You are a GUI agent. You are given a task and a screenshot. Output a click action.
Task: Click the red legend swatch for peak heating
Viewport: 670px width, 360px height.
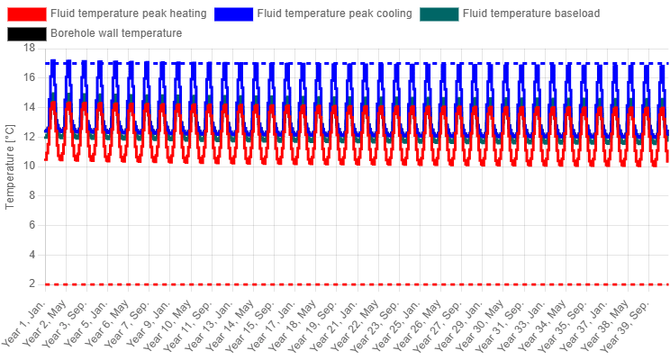26,14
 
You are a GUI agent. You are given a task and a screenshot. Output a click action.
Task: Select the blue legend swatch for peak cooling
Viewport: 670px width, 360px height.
233,14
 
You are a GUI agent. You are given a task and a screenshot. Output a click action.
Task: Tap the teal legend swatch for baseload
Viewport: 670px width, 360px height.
439,14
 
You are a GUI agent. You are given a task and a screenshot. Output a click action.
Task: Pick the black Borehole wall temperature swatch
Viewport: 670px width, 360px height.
26,33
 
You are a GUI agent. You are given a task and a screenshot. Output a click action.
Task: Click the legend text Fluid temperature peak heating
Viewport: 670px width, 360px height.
129,13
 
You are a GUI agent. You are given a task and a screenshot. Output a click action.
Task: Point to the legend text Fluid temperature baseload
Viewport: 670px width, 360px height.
531,13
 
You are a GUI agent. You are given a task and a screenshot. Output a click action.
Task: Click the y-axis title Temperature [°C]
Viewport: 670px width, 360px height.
9,166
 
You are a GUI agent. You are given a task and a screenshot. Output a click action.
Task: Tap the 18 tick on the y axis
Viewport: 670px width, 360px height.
30,48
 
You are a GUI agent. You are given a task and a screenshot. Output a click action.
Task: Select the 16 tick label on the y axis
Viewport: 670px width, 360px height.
30,77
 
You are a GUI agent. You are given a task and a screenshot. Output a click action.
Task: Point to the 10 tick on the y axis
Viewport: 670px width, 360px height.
30,166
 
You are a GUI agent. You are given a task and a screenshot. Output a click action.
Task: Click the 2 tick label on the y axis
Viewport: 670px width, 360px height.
32,284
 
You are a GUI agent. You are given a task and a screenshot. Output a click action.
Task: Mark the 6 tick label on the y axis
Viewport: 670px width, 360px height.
32,225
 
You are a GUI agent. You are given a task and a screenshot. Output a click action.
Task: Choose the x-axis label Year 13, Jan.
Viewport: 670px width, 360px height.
212,324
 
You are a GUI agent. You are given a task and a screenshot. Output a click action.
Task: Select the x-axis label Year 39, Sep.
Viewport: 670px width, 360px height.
629,324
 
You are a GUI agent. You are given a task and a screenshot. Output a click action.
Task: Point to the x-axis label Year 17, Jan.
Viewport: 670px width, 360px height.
274,324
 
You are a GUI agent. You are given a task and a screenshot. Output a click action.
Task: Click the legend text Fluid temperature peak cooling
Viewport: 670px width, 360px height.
335,13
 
